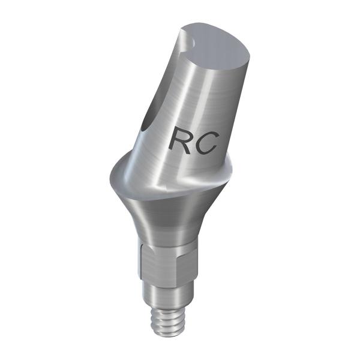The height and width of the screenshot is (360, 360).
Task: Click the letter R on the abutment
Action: pos(181,141)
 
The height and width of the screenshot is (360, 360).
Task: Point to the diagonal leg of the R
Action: pos(188,148)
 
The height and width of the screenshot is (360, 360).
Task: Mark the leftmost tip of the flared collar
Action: pos(109,178)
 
